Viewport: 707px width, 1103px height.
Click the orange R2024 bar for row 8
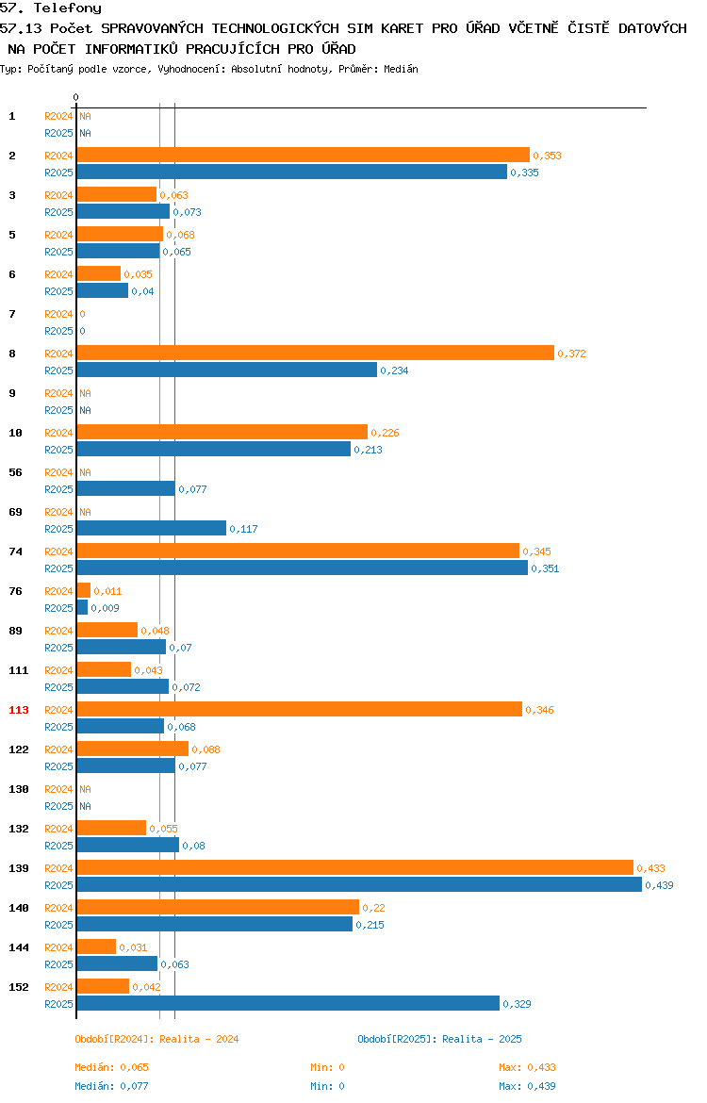(316, 354)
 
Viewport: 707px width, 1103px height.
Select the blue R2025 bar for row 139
(359, 885)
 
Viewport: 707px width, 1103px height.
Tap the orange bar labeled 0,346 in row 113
(300, 710)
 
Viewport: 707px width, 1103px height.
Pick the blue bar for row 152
(288, 1004)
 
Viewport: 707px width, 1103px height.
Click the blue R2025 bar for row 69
(152, 528)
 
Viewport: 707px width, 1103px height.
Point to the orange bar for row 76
(84, 591)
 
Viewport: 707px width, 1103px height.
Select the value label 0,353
(548, 156)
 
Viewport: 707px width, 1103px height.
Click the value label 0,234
(395, 370)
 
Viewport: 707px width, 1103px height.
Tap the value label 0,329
(518, 1005)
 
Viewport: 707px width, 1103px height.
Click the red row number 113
(19, 710)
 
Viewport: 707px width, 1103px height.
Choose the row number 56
(15, 472)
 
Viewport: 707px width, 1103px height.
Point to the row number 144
(19, 947)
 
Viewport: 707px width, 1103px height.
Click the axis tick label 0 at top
(76, 98)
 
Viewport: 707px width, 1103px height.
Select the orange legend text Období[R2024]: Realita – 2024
(156, 1039)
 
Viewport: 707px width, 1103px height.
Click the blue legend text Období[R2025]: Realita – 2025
(439, 1039)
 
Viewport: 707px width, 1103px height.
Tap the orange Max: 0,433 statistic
(528, 1067)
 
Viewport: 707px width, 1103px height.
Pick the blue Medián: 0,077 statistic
(112, 1086)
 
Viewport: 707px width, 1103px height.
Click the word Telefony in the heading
(68, 8)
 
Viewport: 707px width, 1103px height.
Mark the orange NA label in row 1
(85, 116)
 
